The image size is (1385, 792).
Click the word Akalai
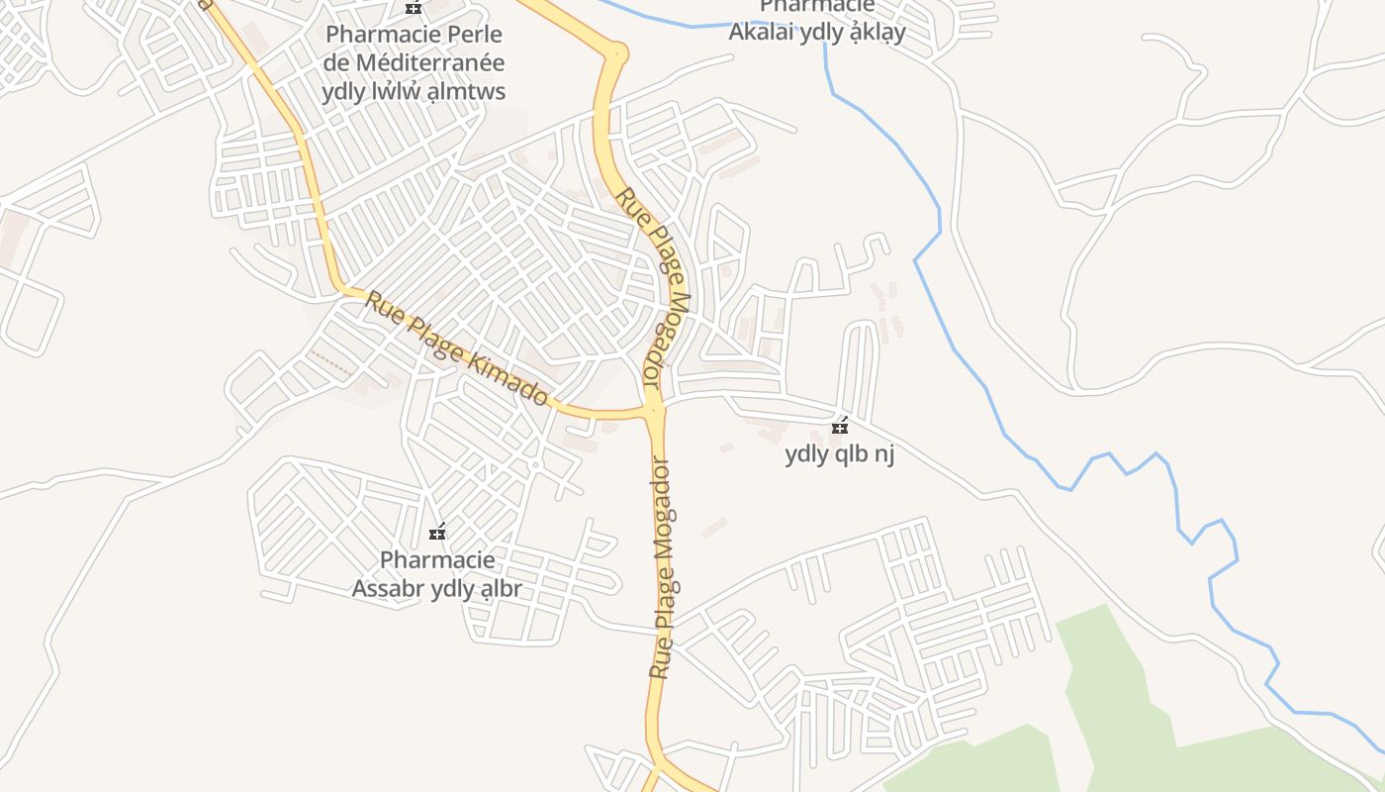tap(763, 32)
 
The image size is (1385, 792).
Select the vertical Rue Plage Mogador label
tap(661, 568)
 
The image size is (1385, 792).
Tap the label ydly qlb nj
tap(839, 455)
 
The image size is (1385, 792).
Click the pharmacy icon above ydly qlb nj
tap(840, 427)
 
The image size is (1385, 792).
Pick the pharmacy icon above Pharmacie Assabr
tap(437, 533)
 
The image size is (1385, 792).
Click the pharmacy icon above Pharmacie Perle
tap(414, 7)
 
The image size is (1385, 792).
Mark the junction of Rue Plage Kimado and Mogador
tap(653, 408)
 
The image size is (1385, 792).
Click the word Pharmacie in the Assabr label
tap(437, 560)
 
